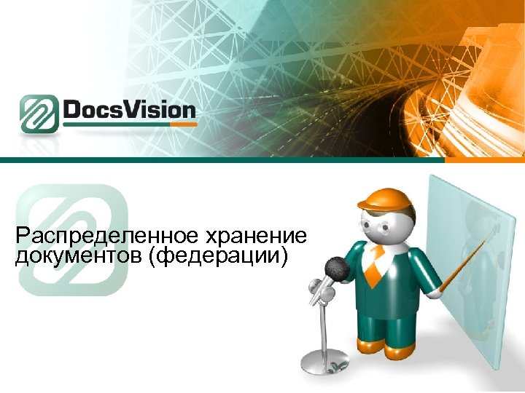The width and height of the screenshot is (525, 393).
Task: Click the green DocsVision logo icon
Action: click(x=39, y=114)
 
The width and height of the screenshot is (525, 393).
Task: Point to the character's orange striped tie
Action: click(x=373, y=266)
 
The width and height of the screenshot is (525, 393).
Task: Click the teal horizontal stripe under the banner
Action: click(x=262, y=160)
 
